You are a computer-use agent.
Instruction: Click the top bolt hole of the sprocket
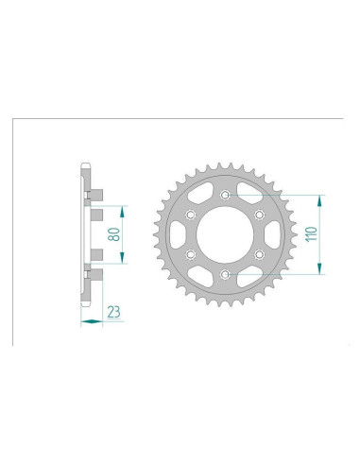pyautogui.click(x=224, y=195)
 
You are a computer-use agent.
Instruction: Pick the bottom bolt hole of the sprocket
pyautogui.click(x=224, y=274)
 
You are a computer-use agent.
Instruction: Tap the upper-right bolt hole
pyautogui.click(x=258, y=215)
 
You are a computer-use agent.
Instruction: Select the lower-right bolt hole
pyautogui.click(x=258, y=254)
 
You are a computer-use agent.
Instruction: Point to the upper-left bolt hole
pyautogui.click(x=190, y=215)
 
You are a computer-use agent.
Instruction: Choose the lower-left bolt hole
pyautogui.click(x=190, y=254)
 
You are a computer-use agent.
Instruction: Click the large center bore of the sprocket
pyautogui.click(x=224, y=234)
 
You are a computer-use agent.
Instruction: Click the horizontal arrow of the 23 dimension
pyautogui.click(x=92, y=320)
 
